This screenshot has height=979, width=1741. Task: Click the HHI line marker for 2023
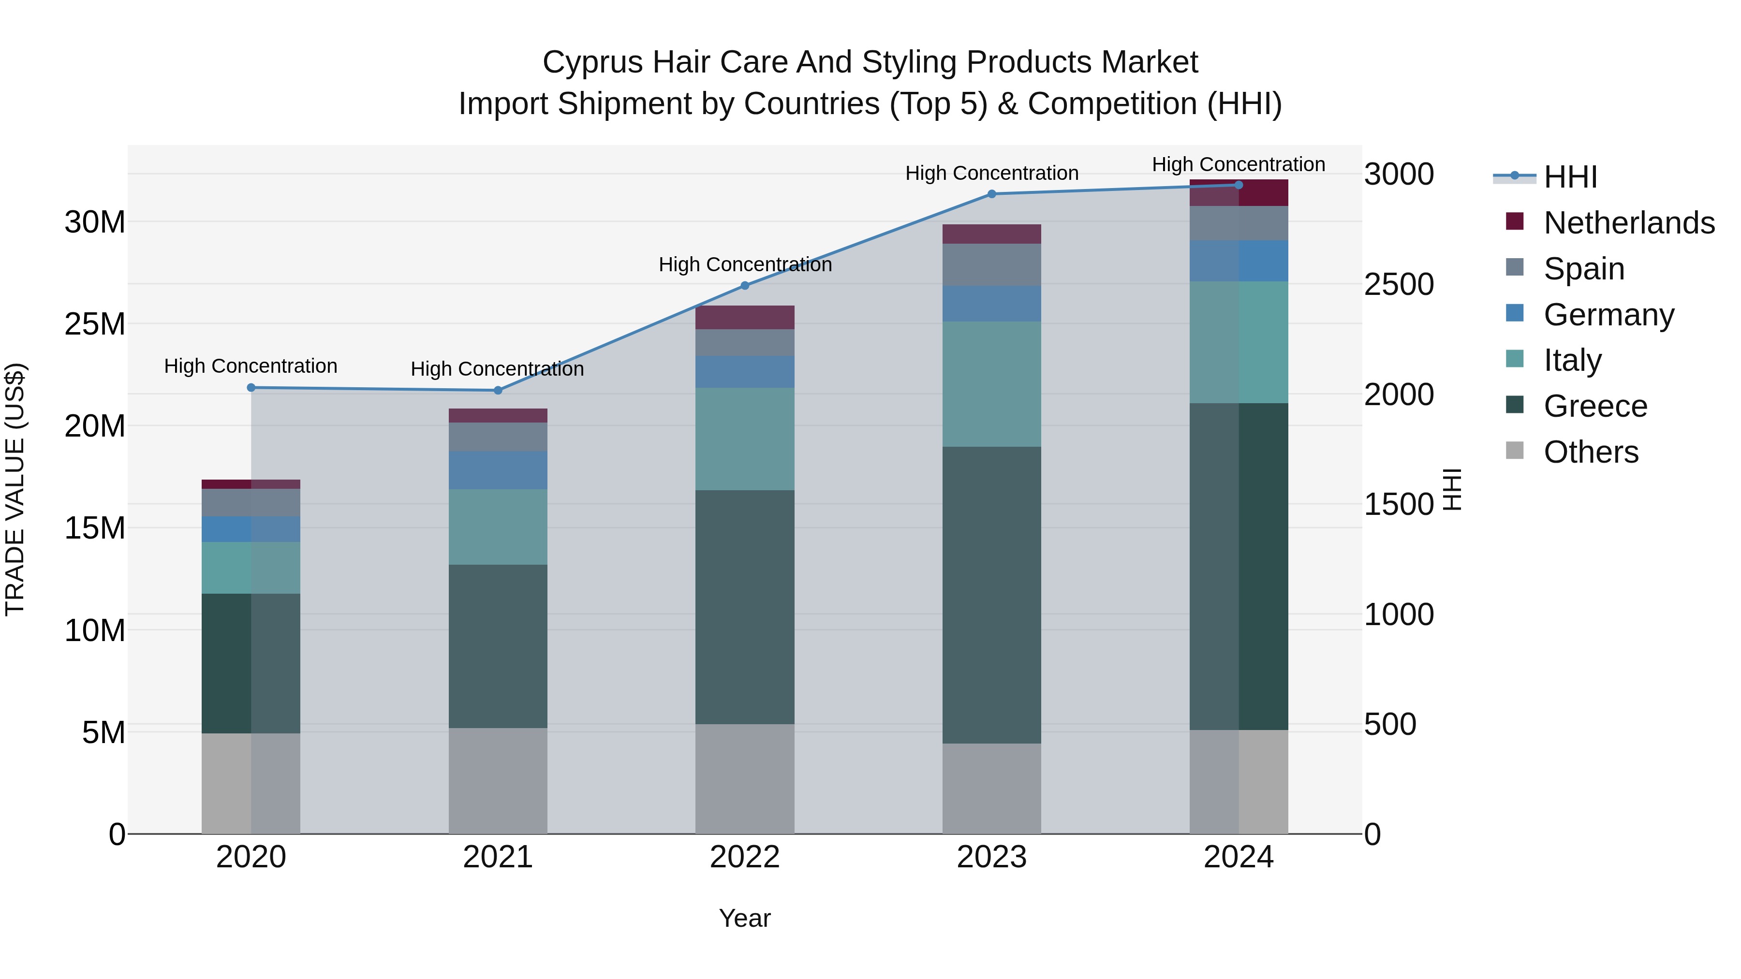coord(991,194)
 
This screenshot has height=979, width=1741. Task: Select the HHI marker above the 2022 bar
coord(745,286)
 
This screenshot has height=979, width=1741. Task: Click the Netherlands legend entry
coord(1629,223)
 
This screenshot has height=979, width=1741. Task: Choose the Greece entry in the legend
coord(1595,406)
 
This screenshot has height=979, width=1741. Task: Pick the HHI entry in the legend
coord(1570,177)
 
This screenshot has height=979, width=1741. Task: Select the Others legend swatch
coord(1515,451)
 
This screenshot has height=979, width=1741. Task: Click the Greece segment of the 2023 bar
coord(991,595)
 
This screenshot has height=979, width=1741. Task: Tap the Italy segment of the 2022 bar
coord(745,439)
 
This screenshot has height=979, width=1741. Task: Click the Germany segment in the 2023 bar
coord(991,304)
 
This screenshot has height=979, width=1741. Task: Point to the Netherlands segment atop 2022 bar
coord(745,318)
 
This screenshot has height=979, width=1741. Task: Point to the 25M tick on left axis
coord(95,324)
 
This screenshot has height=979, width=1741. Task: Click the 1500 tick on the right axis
coord(1398,505)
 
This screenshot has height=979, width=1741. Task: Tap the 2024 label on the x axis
coord(1238,857)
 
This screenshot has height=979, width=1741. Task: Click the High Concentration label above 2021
coord(498,369)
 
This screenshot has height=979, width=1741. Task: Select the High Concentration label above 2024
coord(1238,164)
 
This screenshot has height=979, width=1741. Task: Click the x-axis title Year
coord(745,918)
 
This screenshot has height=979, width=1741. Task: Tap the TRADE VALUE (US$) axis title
coord(15,489)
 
